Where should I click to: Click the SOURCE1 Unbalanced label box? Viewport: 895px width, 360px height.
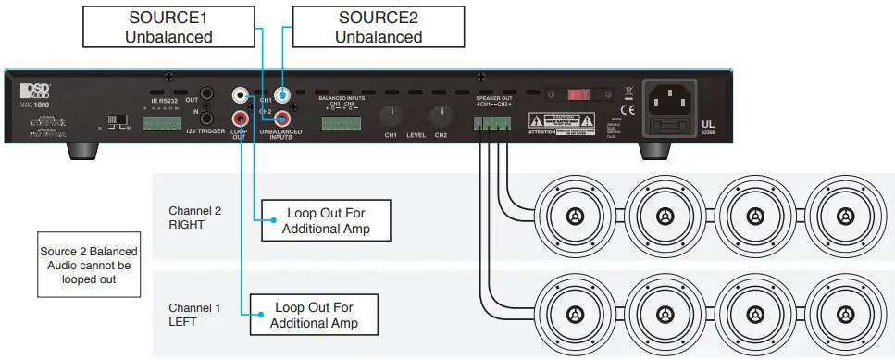(x=168, y=27)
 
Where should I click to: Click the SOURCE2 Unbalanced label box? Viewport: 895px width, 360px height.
(x=378, y=27)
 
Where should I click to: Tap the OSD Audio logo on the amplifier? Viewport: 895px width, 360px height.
(x=36, y=93)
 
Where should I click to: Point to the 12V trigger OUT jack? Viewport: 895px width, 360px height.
(x=209, y=94)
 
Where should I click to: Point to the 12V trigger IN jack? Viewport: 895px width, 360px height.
(x=209, y=118)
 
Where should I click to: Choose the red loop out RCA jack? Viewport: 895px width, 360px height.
(x=243, y=118)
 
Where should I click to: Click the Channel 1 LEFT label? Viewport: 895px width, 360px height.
(x=191, y=313)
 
